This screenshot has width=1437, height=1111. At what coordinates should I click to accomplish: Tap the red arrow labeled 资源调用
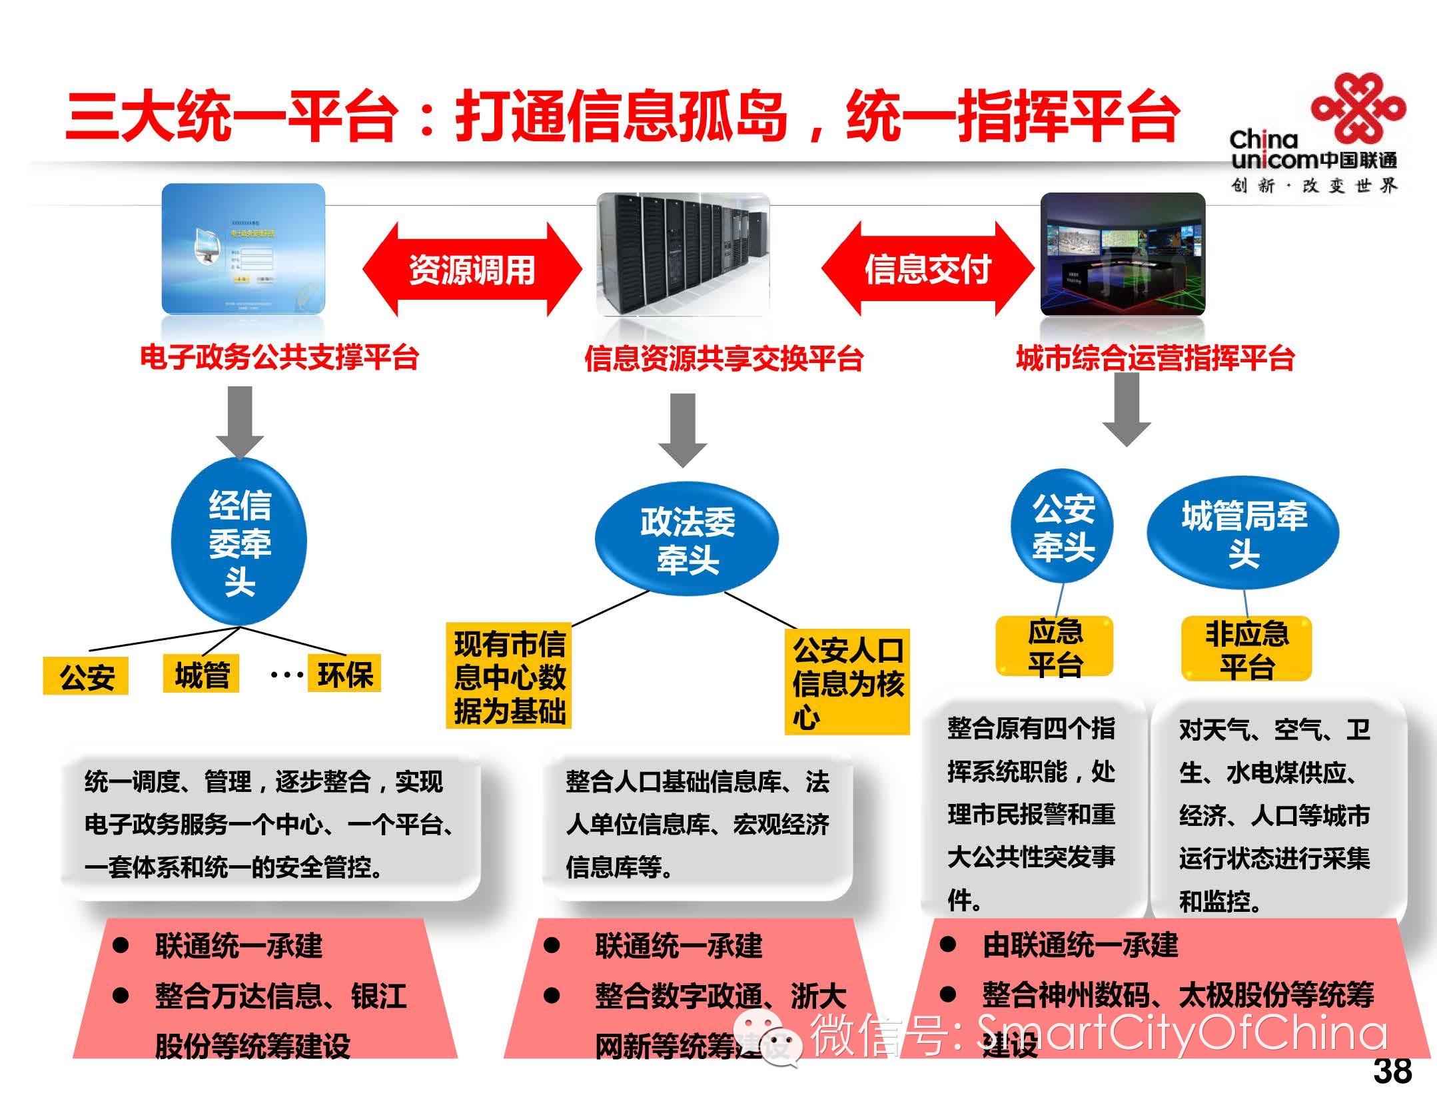[472, 269]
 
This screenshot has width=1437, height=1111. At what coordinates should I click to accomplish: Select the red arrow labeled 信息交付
[927, 269]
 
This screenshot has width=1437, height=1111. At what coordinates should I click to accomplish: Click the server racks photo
[683, 253]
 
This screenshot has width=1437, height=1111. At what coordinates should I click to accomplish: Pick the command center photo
[1123, 253]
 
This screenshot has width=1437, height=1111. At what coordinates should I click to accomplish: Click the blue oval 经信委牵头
[239, 542]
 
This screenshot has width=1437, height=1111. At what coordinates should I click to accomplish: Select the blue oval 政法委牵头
[687, 540]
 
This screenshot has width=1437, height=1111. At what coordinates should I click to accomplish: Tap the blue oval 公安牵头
[1063, 528]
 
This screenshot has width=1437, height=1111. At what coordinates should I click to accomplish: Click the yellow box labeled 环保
[344, 674]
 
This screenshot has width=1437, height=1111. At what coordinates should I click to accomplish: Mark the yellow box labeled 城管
[201, 675]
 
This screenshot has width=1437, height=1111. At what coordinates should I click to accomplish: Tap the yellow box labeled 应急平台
[1054, 646]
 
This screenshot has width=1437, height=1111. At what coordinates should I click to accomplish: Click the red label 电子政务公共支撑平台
[279, 358]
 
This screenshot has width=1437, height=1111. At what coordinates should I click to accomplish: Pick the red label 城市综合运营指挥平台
[1155, 358]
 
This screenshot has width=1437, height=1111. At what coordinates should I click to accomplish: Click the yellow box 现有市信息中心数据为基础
[509, 677]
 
